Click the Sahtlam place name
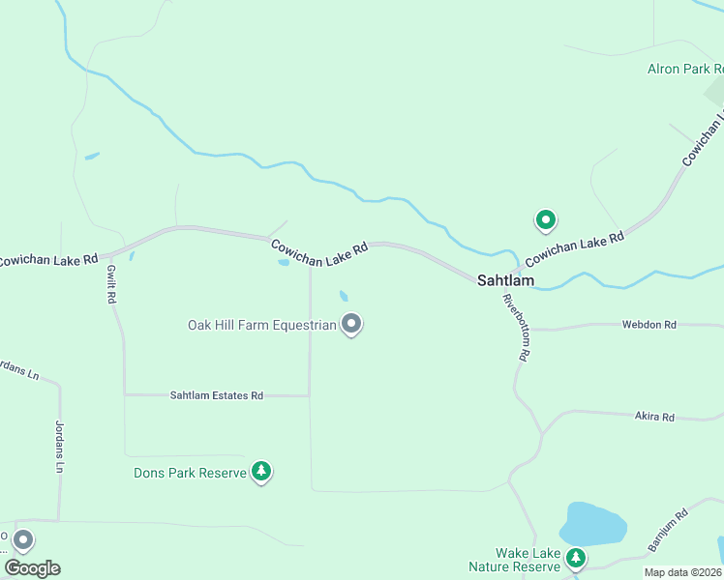505,280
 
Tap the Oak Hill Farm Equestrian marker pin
352,325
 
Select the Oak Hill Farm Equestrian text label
261,325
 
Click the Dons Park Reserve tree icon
260,472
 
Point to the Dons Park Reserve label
190,473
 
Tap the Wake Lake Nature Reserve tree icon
576,558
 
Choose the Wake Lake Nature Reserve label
515,560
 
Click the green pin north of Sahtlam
546,220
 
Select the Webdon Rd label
649,325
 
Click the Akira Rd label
654,417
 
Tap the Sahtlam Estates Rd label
217,395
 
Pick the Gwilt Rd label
111,286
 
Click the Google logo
33,568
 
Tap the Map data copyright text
683,571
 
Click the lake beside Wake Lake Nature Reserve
592,523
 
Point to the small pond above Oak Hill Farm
344,296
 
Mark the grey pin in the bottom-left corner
23,540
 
